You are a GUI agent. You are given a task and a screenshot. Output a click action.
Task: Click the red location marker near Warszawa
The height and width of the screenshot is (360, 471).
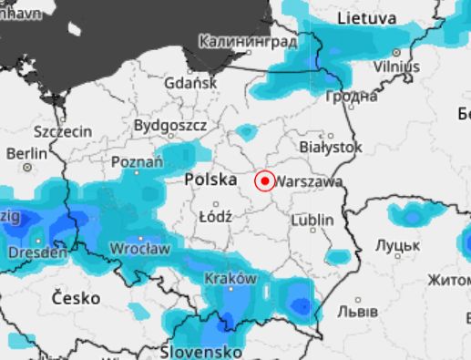(264, 181)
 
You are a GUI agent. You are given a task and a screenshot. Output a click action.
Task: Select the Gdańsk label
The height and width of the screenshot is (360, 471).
(191, 83)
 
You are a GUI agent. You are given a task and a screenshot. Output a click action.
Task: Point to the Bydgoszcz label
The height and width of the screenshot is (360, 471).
(170, 125)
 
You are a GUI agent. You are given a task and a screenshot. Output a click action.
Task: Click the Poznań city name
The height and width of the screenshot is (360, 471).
(137, 162)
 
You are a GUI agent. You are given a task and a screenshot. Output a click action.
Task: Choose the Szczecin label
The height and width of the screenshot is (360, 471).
(62, 131)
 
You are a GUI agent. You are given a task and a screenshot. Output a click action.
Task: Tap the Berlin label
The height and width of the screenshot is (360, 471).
(26, 154)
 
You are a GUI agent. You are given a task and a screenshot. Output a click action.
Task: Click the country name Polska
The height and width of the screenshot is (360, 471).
(211, 180)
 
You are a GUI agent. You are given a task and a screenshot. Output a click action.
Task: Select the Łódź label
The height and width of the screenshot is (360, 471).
(215, 217)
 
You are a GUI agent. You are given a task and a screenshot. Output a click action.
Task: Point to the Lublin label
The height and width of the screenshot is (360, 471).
(312, 221)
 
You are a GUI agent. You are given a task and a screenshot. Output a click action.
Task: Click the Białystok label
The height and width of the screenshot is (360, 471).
(331, 146)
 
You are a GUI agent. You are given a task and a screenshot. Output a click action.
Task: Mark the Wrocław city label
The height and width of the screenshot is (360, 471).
(139, 248)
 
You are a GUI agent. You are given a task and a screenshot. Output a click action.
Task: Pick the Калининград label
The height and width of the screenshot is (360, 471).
(248, 42)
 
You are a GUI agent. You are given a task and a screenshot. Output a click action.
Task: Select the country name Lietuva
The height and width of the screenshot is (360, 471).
(367, 18)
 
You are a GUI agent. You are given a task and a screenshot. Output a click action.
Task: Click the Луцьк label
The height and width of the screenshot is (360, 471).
(397, 246)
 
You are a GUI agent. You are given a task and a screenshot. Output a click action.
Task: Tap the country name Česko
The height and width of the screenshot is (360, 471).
(77, 297)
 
